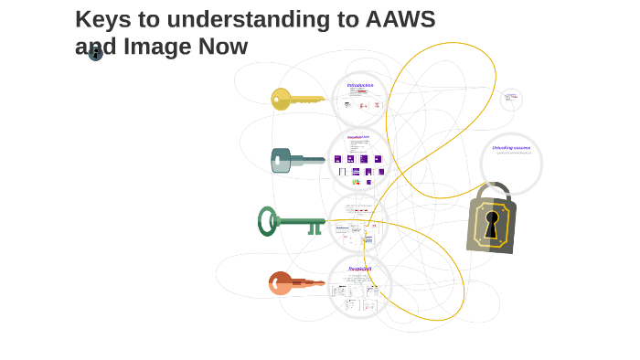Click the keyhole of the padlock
492,222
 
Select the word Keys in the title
103,19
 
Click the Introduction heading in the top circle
360,85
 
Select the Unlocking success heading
511,147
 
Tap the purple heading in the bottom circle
360,269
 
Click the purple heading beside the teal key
358,137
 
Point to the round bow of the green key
267,220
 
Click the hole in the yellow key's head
276,99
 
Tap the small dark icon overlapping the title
95,52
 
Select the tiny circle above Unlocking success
511,99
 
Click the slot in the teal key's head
277,160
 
